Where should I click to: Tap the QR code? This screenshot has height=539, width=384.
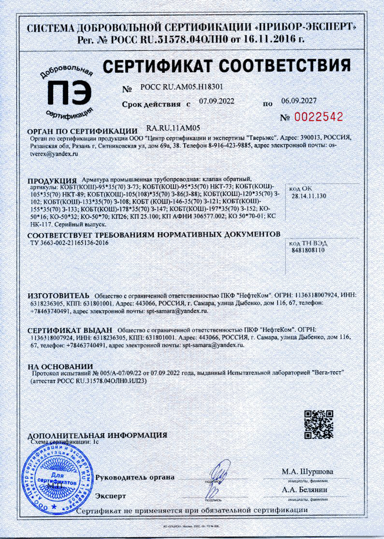coord(319,424)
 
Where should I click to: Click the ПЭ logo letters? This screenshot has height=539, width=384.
coord(69,93)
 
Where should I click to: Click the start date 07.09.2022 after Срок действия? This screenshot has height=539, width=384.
coord(216,102)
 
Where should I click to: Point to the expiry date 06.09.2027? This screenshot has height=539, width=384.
coord(299,101)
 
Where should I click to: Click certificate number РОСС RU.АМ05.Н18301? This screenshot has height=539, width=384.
coord(181,87)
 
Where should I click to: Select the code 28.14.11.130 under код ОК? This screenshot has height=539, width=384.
coord(309,196)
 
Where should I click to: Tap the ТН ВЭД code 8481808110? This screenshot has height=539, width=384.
coord(308,250)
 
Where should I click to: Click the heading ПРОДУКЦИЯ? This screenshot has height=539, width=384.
coord(52,181)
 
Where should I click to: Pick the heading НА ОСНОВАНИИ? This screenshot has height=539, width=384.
coord(60,367)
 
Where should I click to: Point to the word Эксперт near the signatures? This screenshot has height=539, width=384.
coord(110,496)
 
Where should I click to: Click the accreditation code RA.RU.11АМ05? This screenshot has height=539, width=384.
coord(173,128)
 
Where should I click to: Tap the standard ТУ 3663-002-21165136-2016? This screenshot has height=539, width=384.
coord(69,243)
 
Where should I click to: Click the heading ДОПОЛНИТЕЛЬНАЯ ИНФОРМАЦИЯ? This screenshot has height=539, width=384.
coord(97,435)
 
